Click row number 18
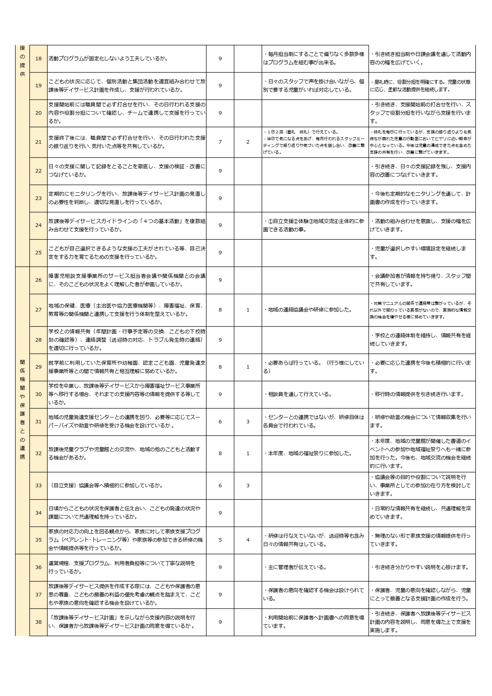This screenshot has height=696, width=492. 38,59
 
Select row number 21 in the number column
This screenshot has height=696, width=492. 38,142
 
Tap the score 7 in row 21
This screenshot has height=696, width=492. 220,142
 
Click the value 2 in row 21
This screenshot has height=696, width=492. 248,142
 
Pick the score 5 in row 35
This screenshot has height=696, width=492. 220,540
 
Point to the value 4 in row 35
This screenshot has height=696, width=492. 248,540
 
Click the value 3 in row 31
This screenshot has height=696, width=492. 248,421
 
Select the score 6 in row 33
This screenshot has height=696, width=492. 220,485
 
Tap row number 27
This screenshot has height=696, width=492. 38,310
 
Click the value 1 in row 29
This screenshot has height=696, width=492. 248,367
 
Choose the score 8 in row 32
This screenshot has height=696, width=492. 220,453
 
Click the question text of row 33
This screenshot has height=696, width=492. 106,485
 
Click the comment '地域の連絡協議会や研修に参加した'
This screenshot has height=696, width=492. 308,310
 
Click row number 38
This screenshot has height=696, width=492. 38,622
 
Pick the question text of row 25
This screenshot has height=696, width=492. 127,252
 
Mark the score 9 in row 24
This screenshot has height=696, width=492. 220,225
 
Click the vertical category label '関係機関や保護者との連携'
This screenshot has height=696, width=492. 22,410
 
